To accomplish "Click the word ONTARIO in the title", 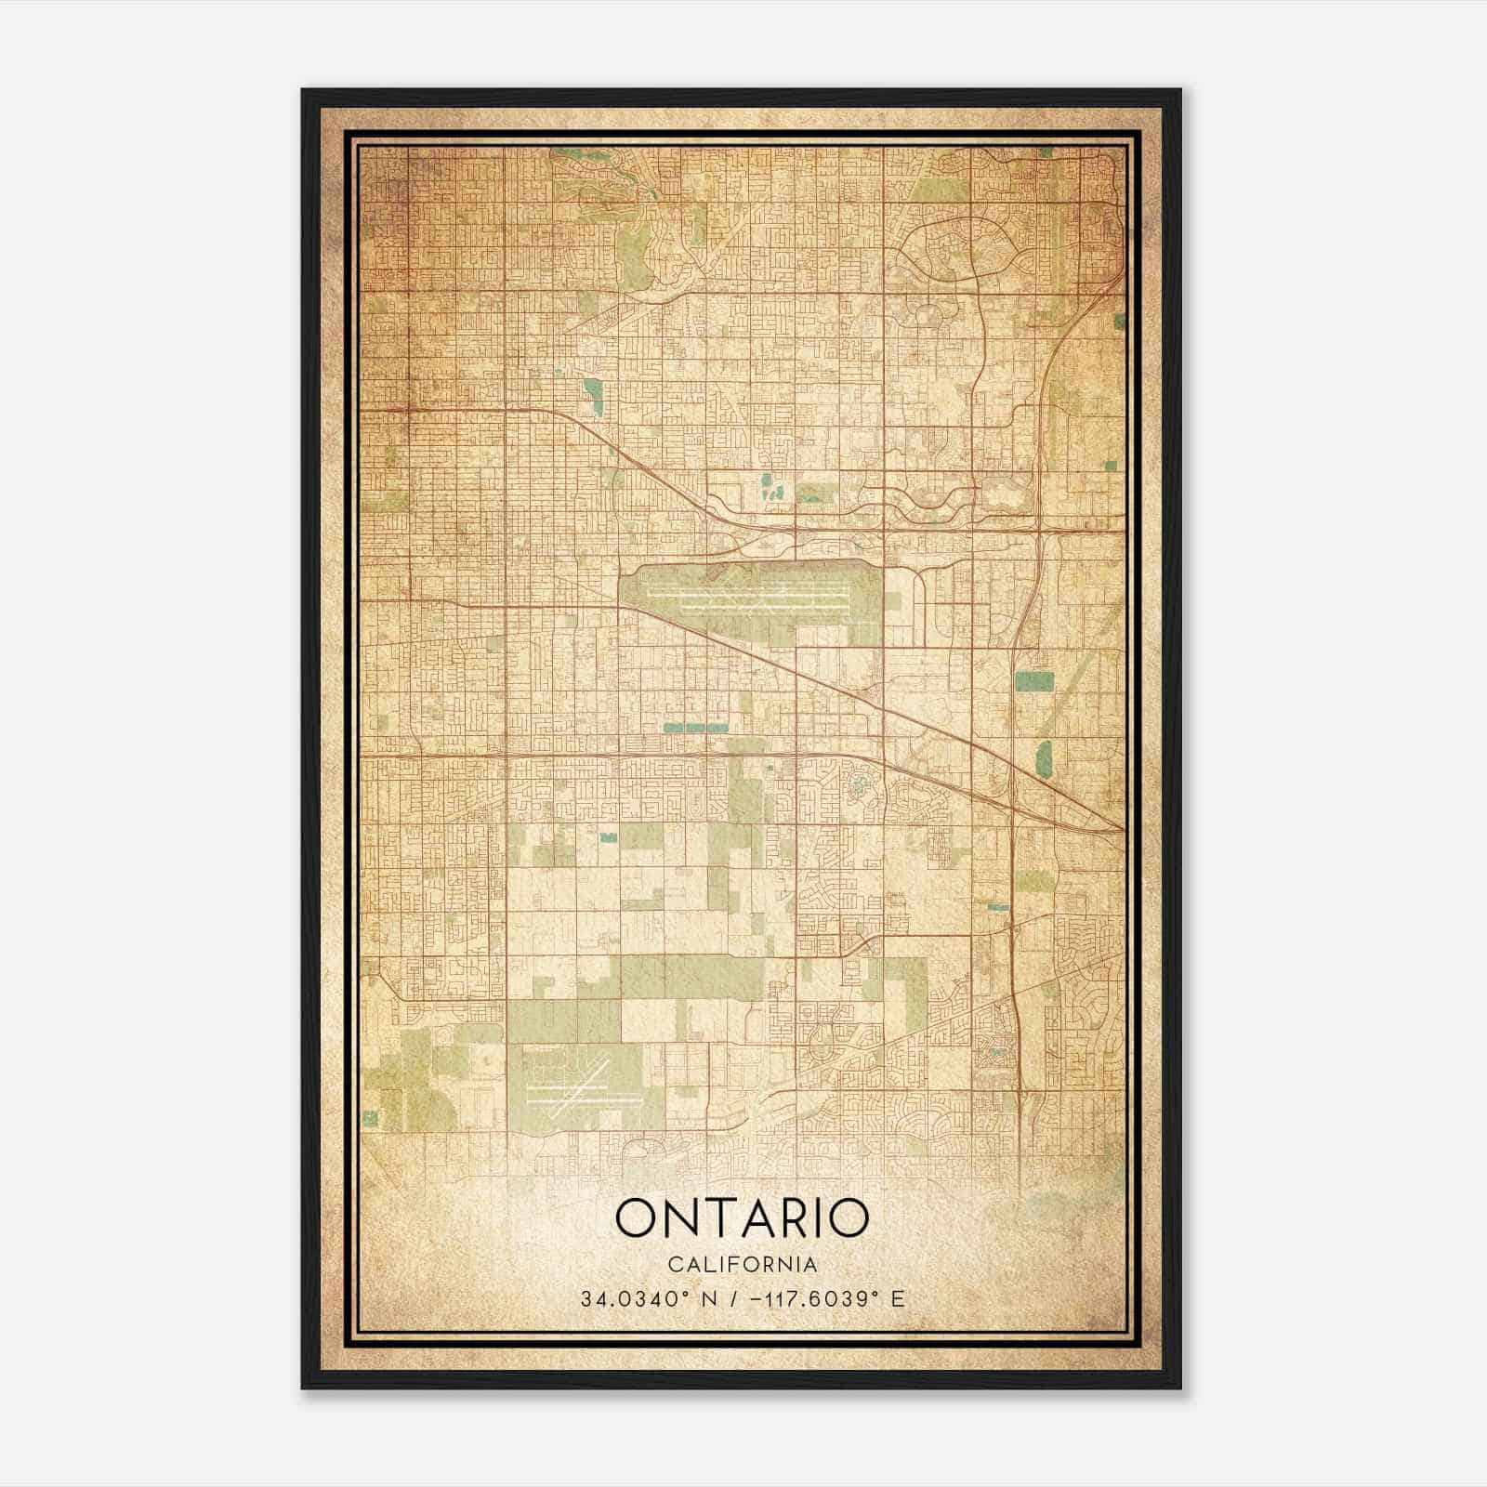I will (742, 1218).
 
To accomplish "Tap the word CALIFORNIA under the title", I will (742, 1265).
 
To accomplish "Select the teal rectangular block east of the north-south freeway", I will (1034, 681).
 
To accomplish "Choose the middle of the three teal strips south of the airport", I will (697, 728).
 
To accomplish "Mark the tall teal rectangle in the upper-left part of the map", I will (592, 396).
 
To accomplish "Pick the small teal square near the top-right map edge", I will (1118, 319).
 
